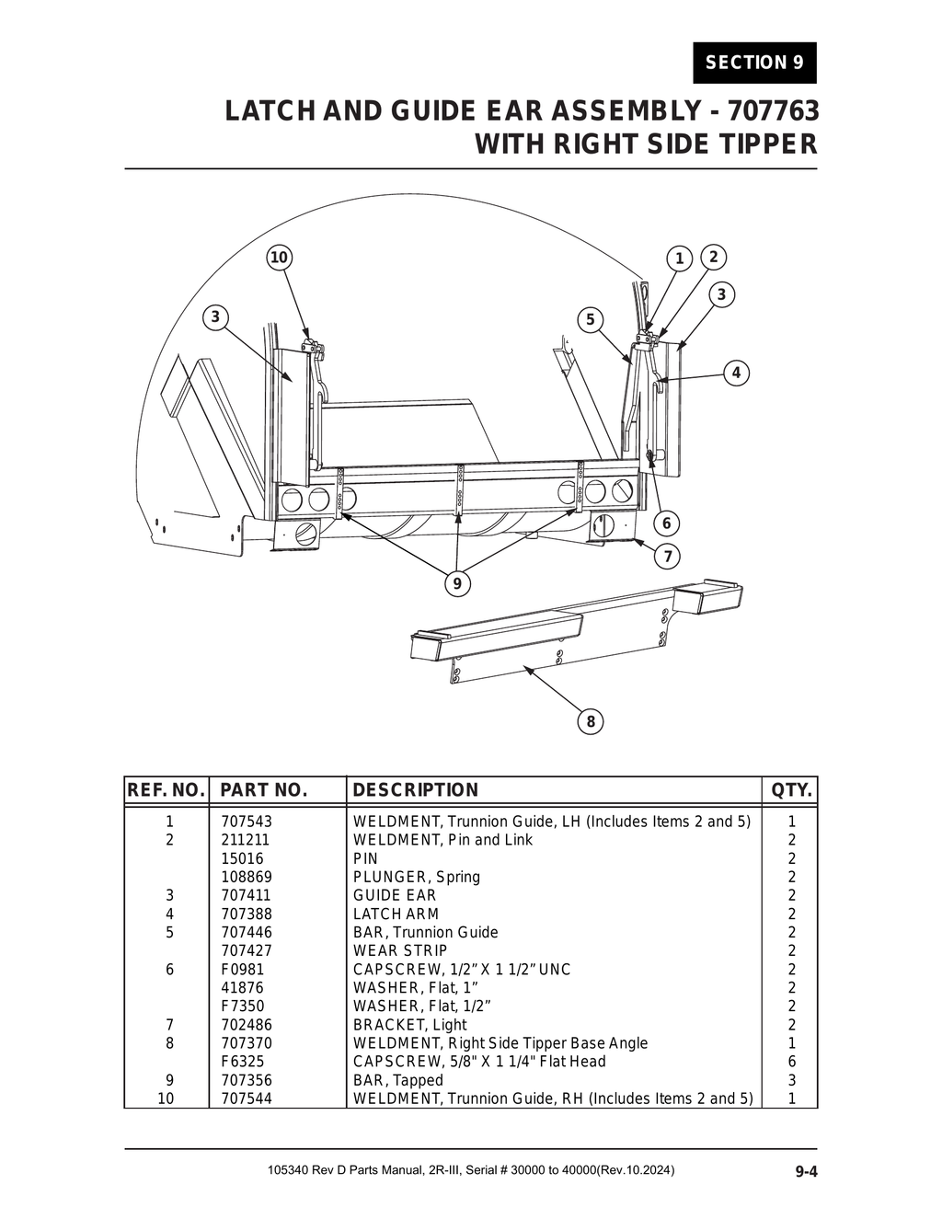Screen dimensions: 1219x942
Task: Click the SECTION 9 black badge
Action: click(754, 63)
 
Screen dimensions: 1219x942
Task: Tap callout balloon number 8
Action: click(591, 721)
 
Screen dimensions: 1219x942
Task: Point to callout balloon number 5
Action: click(590, 319)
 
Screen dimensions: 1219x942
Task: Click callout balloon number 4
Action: click(736, 373)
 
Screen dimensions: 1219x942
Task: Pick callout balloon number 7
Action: click(667, 556)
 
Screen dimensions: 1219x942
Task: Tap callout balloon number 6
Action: click(666, 523)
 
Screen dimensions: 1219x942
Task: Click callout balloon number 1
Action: click(679, 259)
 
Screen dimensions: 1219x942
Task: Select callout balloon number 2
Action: click(713, 256)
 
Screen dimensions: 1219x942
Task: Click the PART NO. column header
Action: click(263, 790)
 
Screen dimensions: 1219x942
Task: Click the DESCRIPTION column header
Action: click(416, 790)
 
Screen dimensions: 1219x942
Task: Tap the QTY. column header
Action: click(791, 790)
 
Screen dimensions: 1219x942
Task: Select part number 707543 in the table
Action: click(247, 822)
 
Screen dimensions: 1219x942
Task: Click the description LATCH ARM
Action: click(396, 914)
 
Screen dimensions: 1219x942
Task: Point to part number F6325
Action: click(242, 1062)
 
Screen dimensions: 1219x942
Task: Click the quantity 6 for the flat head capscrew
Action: click(792, 1062)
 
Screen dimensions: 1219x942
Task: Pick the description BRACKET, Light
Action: click(410, 1025)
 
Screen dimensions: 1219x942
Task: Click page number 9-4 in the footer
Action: click(806, 1171)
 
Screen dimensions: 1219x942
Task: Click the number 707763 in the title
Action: click(773, 111)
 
